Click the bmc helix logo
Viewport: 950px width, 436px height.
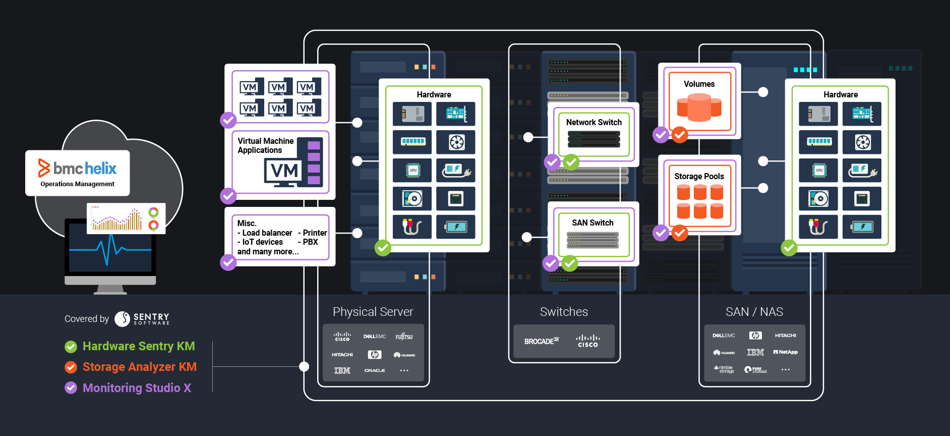[x=77, y=168]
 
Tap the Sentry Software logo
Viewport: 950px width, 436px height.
[x=142, y=319]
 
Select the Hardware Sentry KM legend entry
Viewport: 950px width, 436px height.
[x=138, y=346]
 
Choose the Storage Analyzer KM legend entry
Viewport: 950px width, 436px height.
[x=139, y=367]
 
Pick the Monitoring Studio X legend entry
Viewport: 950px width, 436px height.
[x=137, y=388]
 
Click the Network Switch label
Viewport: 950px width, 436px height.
[x=593, y=122]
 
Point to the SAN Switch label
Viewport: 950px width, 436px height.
[x=592, y=223]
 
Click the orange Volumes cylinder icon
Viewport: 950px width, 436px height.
[x=699, y=107]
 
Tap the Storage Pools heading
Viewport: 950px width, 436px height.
[x=699, y=176]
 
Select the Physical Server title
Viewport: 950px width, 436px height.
[x=373, y=312]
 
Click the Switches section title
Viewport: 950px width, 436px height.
[x=564, y=312]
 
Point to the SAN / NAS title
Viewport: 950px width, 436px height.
[x=754, y=312]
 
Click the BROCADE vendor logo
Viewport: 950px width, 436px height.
[x=541, y=341]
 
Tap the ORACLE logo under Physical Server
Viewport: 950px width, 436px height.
[x=374, y=370]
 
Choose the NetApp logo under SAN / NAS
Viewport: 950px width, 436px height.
[x=785, y=352]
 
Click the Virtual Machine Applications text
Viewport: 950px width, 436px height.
[x=265, y=145]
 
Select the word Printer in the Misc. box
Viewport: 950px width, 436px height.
[x=315, y=233]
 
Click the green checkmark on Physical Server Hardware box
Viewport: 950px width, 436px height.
[x=383, y=248]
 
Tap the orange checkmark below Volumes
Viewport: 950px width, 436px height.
[x=680, y=135]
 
